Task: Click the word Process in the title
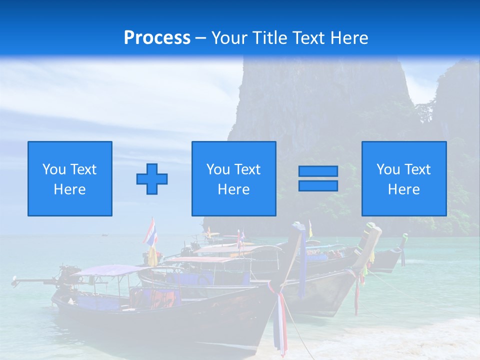(157, 38)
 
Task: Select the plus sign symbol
(152, 179)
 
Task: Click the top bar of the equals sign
(318, 171)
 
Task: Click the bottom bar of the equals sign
(318, 185)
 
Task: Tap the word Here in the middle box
(233, 189)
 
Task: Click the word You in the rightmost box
(388, 169)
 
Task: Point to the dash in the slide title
(200, 38)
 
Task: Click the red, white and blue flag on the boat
(150, 232)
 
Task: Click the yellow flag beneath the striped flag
(152, 256)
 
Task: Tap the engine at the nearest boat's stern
(69, 274)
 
